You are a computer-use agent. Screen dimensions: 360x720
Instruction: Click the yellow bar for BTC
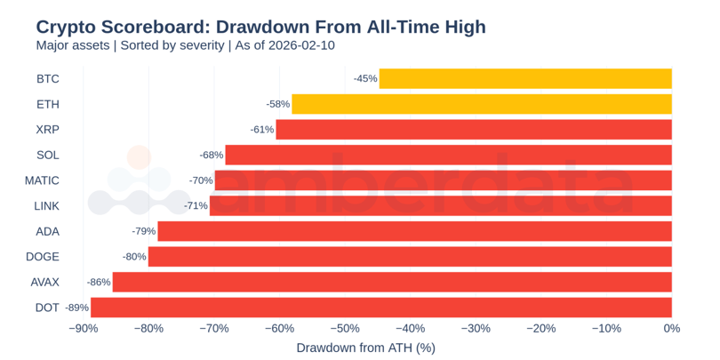click(x=525, y=79)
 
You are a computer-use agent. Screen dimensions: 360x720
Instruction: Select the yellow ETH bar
click(x=482, y=104)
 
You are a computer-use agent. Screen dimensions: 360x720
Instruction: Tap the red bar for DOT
click(x=381, y=308)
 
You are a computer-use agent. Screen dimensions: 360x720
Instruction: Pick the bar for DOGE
click(x=410, y=257)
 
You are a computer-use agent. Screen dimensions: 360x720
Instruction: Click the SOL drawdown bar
click(x=449, y=155)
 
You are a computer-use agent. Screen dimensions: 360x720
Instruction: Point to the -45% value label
click(x=365, y=79)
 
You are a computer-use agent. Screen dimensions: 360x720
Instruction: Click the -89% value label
click(x=77, y=308)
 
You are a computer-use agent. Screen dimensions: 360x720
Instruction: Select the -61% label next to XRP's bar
click(x=262, y=130)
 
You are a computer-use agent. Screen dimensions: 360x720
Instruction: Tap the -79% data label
click(x=144, y=231)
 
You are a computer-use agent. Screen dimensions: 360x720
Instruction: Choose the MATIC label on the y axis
click(x=42, y=180)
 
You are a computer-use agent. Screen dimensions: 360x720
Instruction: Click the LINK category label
click(x=46, y=206)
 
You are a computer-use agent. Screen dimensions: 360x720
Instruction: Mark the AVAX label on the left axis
click(x=44, y=282)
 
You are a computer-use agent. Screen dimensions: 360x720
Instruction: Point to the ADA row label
click(x=48, y=231)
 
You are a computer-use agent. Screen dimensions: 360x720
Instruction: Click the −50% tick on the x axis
click(x=345, y=329)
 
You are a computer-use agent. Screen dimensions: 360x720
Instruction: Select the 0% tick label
click(x=671, y=329)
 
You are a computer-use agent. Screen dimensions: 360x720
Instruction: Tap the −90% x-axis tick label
click(x=84, y=329)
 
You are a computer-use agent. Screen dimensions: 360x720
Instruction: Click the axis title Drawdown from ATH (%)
click(x=365, y=348)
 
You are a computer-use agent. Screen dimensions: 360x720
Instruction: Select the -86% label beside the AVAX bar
click(x=99, y=282)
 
